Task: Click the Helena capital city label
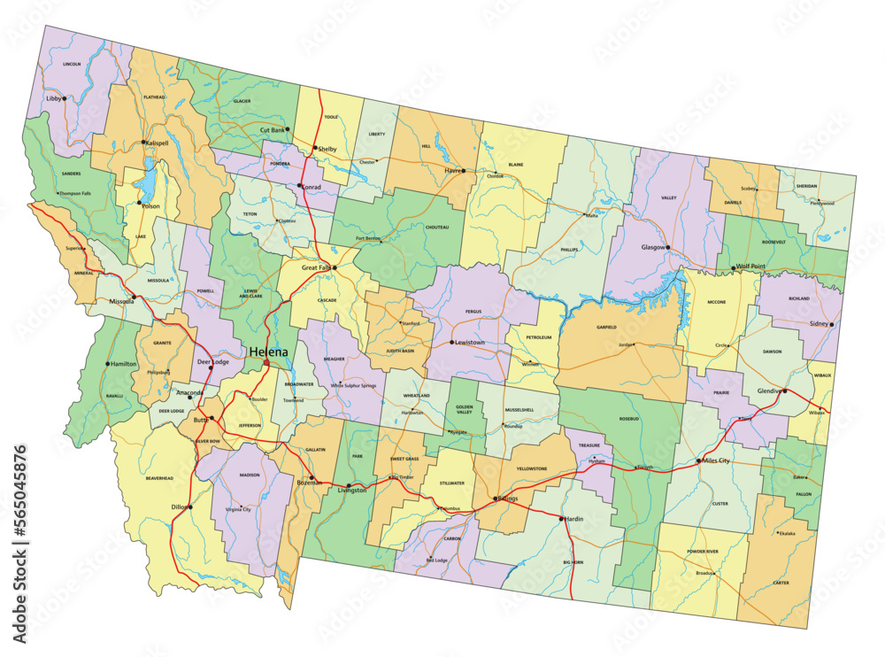(268, 352)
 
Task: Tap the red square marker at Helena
(266, 362)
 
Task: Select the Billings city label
(508, 499)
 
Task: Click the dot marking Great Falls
(335, 267)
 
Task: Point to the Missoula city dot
(134, 298)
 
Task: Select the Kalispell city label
(157, 143)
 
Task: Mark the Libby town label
(55, 98)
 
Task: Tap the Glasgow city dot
(668, 248)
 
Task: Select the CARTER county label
(780, 584)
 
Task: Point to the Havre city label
(452, 171)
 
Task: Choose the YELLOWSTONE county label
(532, 468)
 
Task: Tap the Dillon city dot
(189, 507)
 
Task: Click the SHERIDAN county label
(807, 186)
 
